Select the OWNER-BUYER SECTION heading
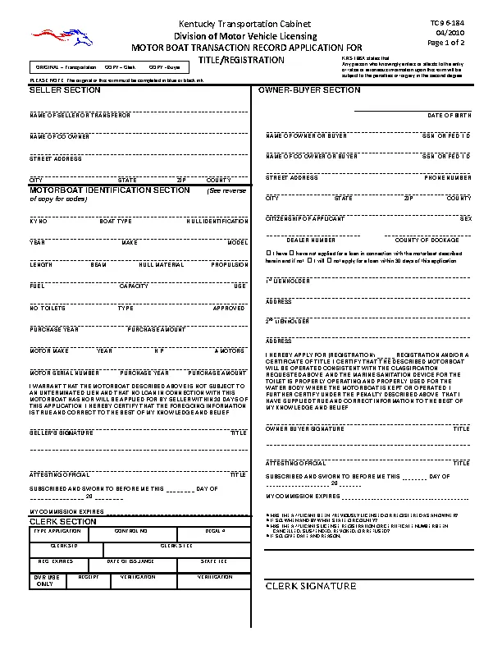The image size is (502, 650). (309, 90)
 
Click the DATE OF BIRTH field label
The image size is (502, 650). (450, 116)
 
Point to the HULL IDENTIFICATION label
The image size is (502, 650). (217, 222)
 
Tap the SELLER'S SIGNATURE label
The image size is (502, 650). (53, 433)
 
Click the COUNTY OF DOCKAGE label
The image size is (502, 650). (427, 240)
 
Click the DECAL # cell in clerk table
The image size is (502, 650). (215, 531)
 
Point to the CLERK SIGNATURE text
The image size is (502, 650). (311, 586)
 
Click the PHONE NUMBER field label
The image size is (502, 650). (448, 177)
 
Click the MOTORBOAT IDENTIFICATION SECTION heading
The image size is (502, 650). (110, 190)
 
